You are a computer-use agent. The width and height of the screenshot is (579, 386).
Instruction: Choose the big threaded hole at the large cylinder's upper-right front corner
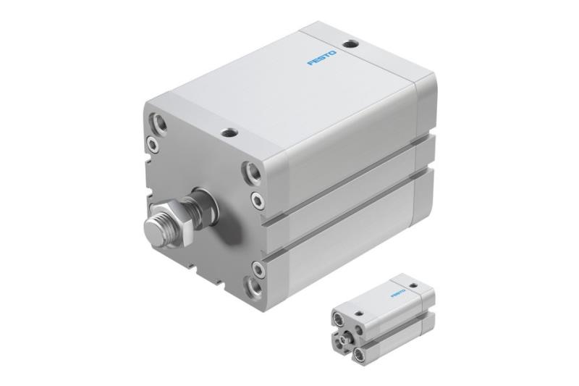(x=255, y=174)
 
